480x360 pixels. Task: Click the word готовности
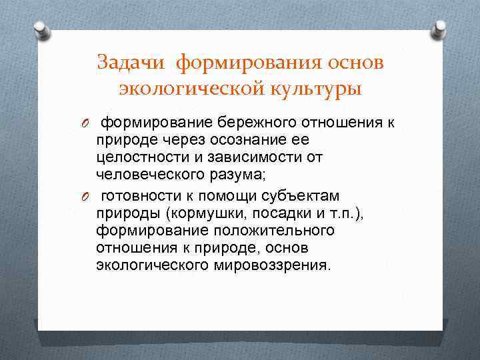coord(139,196)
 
